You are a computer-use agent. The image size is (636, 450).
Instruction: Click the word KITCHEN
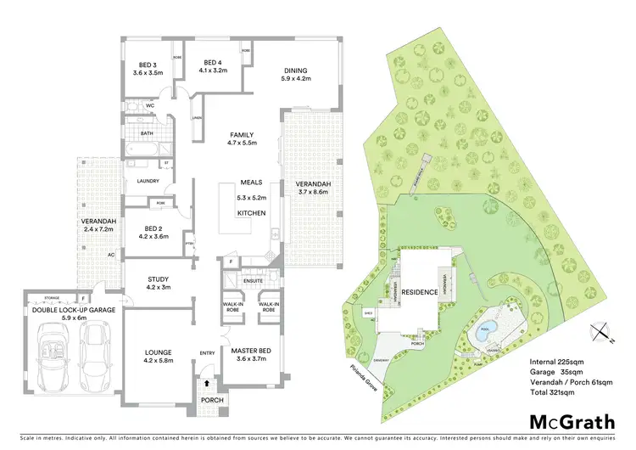click(x=252, y=212)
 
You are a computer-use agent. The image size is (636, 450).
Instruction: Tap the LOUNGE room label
click(x=159, y=352)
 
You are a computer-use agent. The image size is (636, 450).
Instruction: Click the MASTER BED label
click(x=252, y=350)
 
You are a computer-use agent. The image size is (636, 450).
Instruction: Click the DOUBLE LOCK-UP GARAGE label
click(x=72, y=311)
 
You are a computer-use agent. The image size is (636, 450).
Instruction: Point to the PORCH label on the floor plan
click(x=209, y=401)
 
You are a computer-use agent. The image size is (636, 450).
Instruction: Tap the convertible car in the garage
click(x=53, y=355)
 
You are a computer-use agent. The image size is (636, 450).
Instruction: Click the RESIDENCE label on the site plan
click(x=420, y=292)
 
